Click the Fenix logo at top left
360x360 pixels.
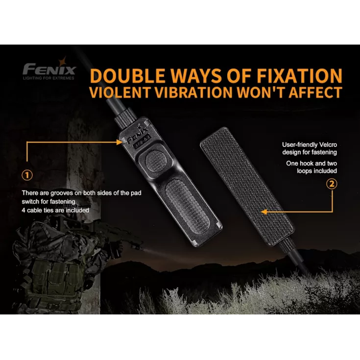tap(48, 68)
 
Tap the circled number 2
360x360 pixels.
tap(332, 184)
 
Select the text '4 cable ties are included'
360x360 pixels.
tap(56, 210)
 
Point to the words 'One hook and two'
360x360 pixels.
tap(312, 163)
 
